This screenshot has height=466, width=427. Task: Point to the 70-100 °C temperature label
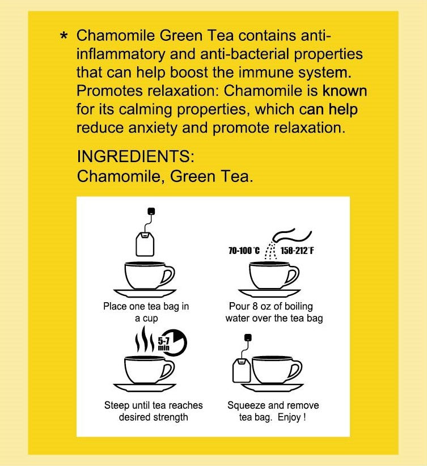click(244, 249)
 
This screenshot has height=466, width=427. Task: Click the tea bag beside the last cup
click(240, 371)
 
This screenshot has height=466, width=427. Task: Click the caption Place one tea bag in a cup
click(146, 312)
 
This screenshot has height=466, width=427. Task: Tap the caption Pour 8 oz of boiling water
click(274, 312)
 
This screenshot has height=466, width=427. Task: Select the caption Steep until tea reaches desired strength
click(153, 411)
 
